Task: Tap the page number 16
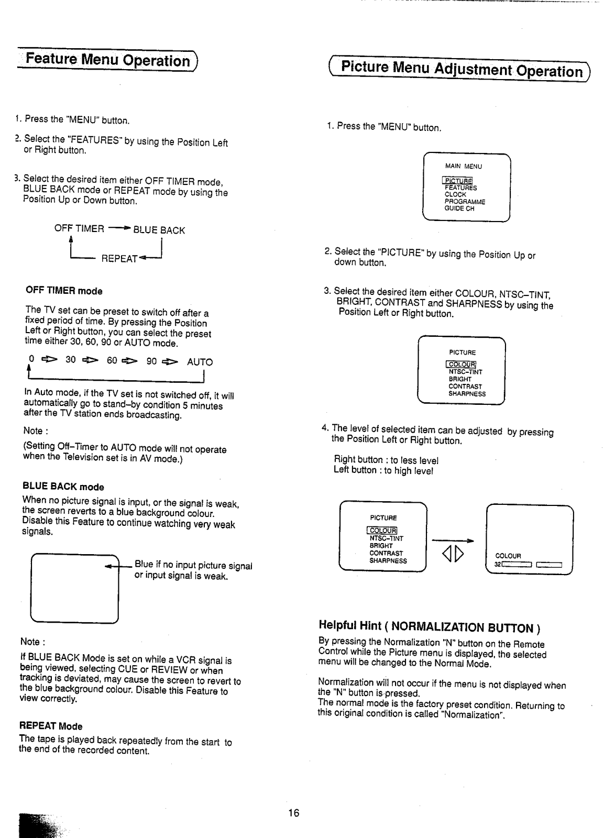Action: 293,813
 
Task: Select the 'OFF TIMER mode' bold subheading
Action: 64,291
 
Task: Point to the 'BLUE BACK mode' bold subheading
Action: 63,487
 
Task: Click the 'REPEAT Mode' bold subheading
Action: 51,726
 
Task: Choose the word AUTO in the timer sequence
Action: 200,362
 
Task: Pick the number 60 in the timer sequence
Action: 112,361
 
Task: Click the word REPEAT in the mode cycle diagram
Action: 119,259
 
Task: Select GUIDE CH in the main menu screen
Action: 459,208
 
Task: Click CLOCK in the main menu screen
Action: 455,194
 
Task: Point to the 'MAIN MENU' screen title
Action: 464,167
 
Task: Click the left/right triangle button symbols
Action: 453,552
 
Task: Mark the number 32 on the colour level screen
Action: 498,565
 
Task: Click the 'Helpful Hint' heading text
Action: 429,626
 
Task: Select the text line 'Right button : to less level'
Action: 386,460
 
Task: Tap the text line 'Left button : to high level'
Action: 383,471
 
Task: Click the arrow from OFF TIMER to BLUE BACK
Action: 119,229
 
